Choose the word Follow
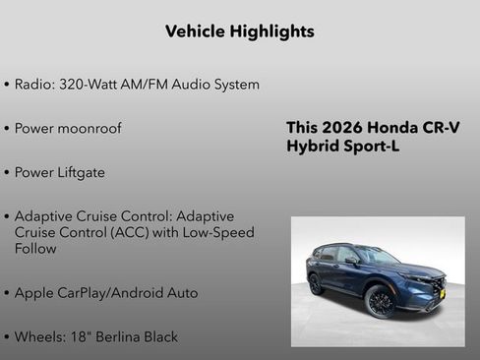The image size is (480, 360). tap(35, 249)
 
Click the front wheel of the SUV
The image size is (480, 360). tap(380, 302)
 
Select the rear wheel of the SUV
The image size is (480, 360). tap(316, 284)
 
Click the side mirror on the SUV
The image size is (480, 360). tap(351, 261)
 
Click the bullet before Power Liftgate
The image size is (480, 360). tap(7, 173)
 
